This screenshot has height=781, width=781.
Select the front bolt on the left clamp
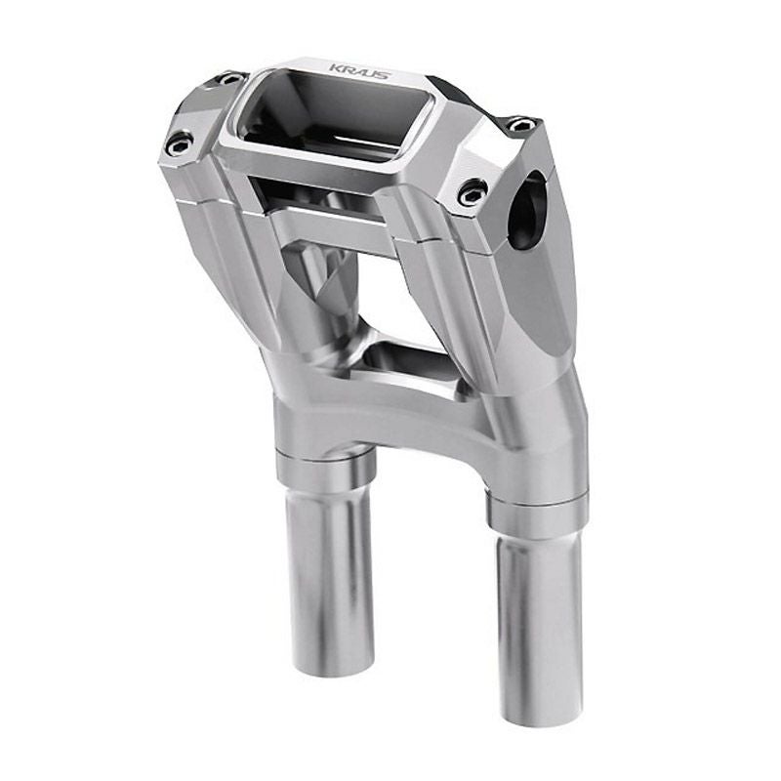coord(178,145)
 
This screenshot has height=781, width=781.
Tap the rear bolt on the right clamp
coord(521,124)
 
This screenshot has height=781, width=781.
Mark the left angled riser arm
coord(254,264)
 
